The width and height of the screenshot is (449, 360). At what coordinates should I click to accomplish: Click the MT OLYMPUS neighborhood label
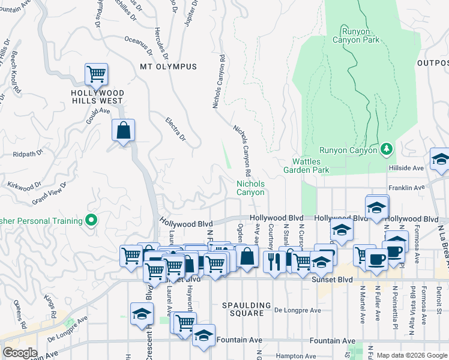pos(168,67)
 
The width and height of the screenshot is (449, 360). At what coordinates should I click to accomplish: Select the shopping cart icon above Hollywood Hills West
pos(96,74)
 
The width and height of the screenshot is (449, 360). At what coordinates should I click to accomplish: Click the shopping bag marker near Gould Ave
pos(123,130)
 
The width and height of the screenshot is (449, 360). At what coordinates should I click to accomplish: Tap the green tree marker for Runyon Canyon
pos(387,148)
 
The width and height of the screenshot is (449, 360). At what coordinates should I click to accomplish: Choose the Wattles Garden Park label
pos(311,166)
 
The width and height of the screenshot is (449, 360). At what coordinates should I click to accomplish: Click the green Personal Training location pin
pos(91,221)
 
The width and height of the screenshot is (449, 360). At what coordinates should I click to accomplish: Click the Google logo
pos(20,352)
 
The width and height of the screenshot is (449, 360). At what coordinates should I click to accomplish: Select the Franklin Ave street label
pos(406,188)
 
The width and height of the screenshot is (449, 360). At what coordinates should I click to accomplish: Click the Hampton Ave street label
pos(295,356)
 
